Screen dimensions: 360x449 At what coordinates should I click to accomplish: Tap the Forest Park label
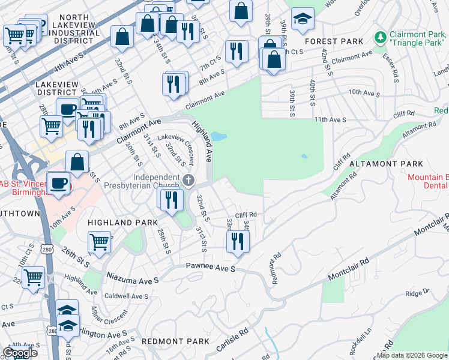click(x=334, y=41)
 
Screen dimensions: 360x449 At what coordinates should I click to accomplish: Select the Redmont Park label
click(x=175, y=341)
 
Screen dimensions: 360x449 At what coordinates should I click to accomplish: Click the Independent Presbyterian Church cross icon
click(x=188, y=179)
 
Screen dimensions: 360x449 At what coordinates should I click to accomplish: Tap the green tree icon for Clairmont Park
click(x=379, y=38)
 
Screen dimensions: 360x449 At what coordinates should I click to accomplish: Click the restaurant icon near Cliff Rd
click(x=238, y=241)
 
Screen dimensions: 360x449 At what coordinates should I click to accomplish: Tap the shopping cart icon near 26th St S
click(x=99, y=242)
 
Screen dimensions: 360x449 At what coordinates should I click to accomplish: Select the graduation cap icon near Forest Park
click(x=303, y=19)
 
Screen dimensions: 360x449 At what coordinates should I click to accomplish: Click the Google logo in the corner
click(x=20, y=353)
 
